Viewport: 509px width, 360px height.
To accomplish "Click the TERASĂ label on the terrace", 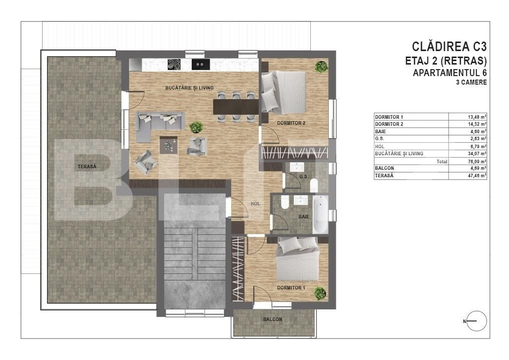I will [87, 166].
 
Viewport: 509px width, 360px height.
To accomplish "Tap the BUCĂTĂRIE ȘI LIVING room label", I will [189, 88].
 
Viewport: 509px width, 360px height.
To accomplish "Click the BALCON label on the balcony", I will [273, 319].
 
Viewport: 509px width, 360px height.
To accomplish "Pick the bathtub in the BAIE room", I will [320, 214].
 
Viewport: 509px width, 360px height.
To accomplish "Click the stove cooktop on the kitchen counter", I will [174, 64].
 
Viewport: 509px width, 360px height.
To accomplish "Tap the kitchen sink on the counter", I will [200, 64].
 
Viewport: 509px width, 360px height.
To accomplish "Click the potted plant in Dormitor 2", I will [321, 67].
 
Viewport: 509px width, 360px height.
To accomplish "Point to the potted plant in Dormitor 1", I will [319, 292].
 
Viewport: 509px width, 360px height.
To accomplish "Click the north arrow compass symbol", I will [476, 320].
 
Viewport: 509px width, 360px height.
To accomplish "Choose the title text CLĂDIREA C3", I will [449, 47].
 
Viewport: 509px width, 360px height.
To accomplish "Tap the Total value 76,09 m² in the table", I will [475, 162].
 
